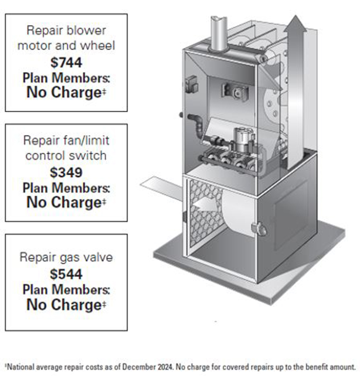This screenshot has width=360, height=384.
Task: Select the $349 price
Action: coord(66,171)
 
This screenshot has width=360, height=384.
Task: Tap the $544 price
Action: coord(66,274)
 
